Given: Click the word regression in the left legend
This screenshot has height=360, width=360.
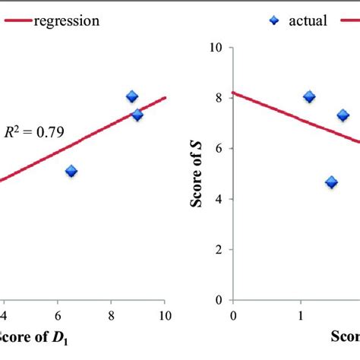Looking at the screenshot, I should pyautogui.click(x=66, y=21).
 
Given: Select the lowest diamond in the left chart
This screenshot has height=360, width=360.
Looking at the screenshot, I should pyautogui.click(x=71, y=172).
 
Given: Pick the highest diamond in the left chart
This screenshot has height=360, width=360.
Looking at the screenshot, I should pyautogui.click(x=131, y=96).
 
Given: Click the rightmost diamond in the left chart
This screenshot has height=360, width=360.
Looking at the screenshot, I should pyautogui.click(x=137, y=115).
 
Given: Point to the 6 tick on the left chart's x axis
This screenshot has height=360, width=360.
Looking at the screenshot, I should pyautogui.click(x=58, y=315).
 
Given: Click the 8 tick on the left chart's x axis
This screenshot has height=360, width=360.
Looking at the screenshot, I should pyautogui.click(x=111, y=315).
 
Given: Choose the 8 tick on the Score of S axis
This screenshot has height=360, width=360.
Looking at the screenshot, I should pyautogui.click(x=218, y=98).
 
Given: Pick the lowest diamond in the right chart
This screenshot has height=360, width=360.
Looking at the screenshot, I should pyautogui.click(x=331, y=182).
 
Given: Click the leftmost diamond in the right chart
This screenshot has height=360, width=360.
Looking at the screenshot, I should pyautogui.click(x=309, y=97).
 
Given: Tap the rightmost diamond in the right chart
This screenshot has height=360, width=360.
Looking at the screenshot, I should pyautogui.click(x=343, y=115).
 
